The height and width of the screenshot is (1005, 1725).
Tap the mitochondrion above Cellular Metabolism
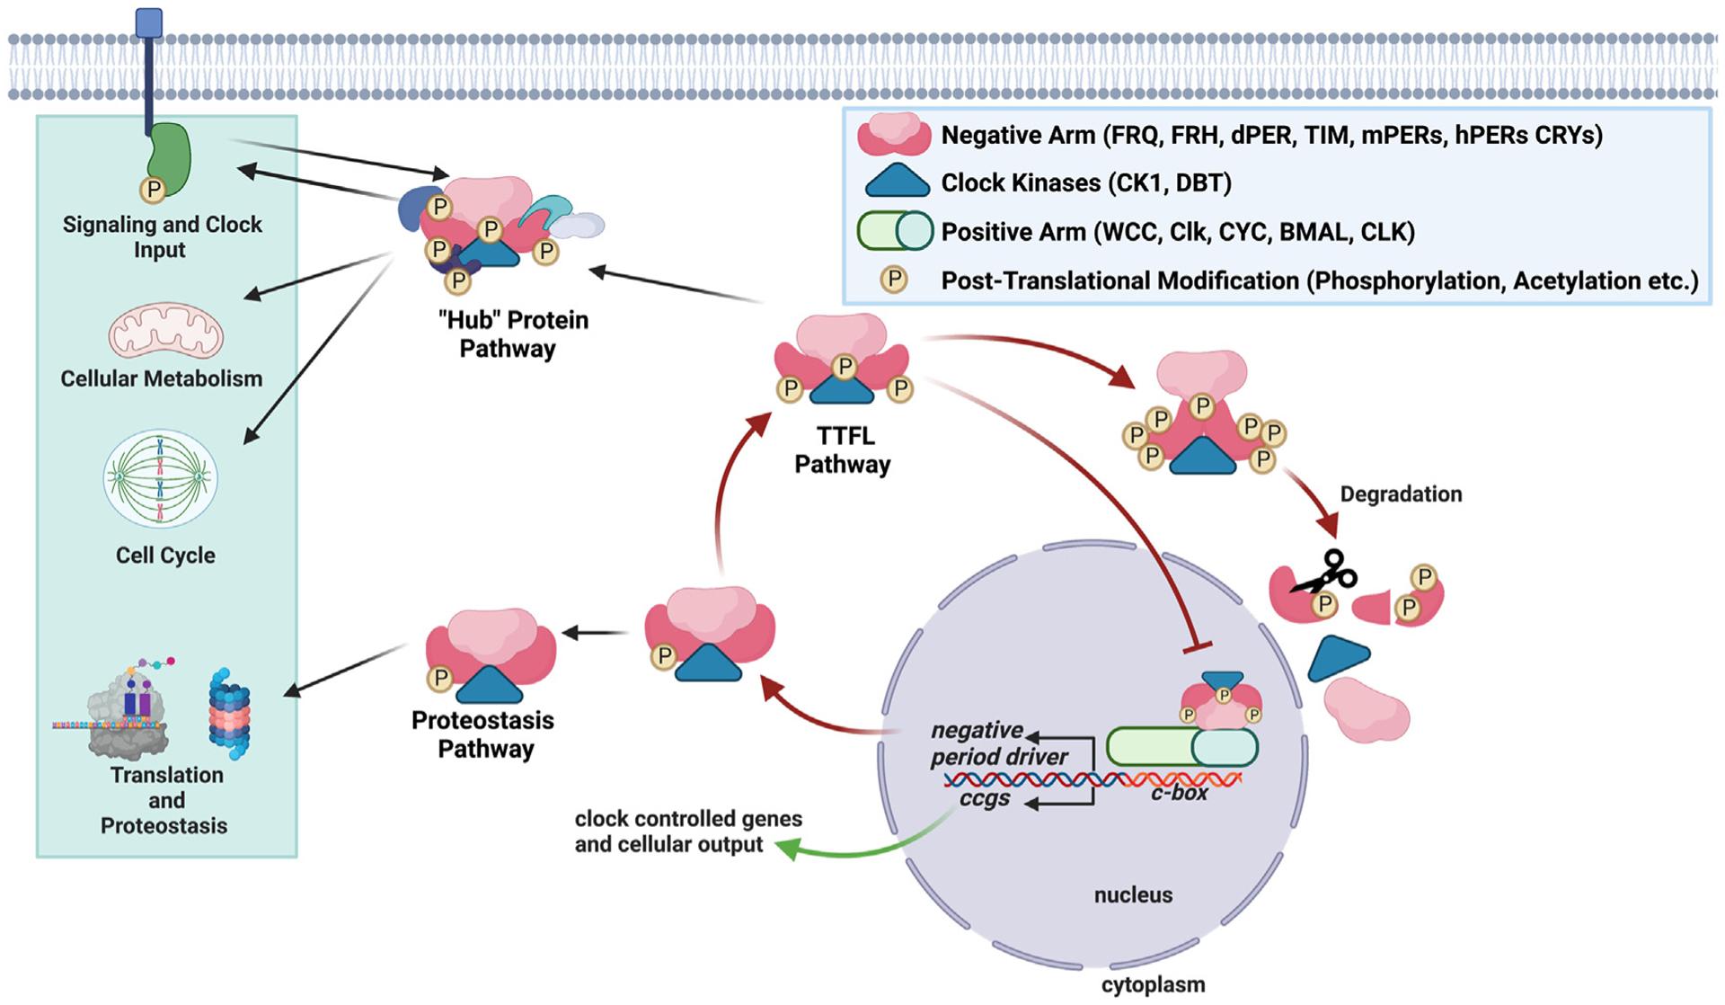(x=165, y=334)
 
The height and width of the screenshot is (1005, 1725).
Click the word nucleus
(x=1133, y=894)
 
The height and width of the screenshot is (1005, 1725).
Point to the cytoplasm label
(x=1153, y=984)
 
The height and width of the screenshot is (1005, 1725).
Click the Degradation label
(x=1401, y=494)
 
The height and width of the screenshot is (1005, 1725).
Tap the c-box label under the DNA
(x=1179, y=793)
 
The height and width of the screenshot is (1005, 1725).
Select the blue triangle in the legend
(x=897, y=182)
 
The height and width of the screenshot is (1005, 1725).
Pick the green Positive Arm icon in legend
(x=895, y=231)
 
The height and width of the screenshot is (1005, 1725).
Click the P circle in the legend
(x=894, y=280)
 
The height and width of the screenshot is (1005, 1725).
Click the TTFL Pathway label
(x=843, y=449)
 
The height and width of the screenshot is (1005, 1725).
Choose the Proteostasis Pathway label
(x=483, y=734)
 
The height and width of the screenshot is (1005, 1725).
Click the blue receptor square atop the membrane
(x=149, y=22)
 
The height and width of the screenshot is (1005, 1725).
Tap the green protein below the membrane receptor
(x=169, y=158)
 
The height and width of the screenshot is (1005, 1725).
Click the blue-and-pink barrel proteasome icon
(x=229, y=714)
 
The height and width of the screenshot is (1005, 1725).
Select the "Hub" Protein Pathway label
(x=512, y=334)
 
